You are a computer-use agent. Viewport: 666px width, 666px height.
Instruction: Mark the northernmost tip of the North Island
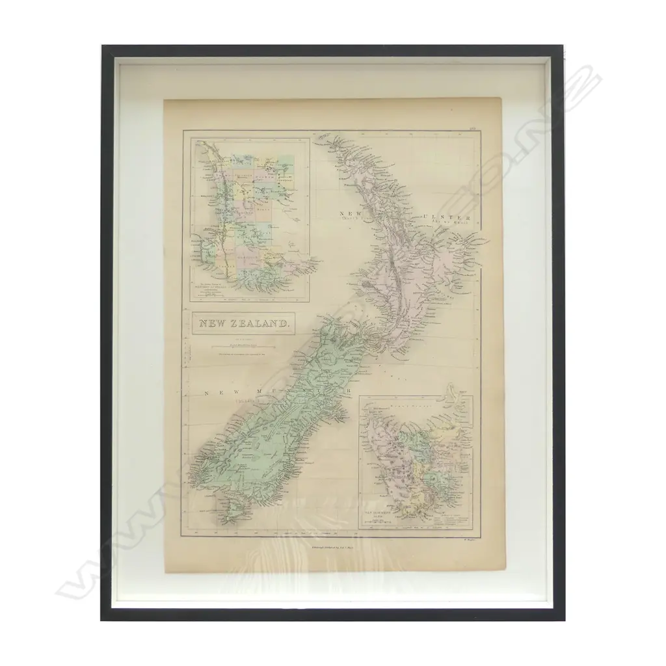click(x=317, y=137)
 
